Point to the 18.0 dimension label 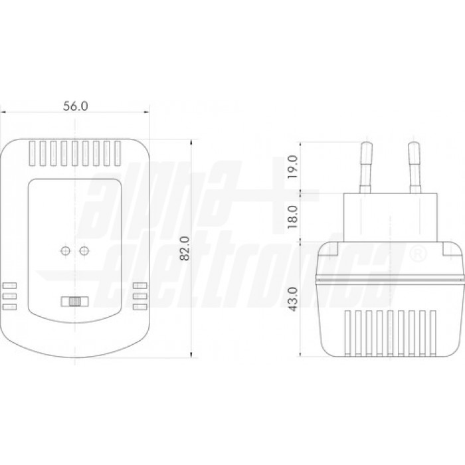[292, 216]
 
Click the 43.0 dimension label [292, 300]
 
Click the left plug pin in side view [365, 166]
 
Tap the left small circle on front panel [65, 250]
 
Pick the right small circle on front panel [84, 250]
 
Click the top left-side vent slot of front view [9, 286]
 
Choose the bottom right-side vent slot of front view [139, 307]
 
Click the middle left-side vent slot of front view [9, 296]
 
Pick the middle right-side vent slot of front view [139, 296]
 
